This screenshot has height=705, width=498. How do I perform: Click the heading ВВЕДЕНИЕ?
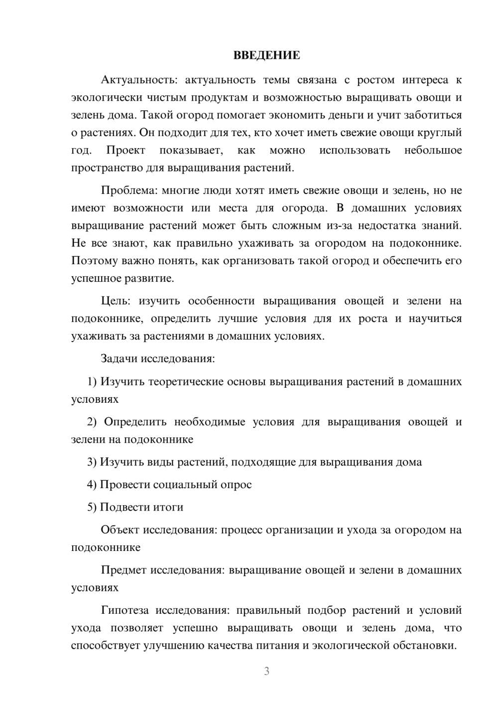click(x=266, y=55)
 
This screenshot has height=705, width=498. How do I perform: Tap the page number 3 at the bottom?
click(x=266, y=671)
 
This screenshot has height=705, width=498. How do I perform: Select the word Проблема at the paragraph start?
click(x=124, y=190)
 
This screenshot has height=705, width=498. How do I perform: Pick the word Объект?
click(x=120, y=529)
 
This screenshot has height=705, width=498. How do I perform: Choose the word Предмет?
click(x=123, y=569)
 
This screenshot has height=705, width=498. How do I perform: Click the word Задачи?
click(x=120, y=358)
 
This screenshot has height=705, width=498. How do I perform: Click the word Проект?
click(x=125, y=150)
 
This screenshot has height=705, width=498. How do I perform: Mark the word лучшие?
click(x=238, y=319)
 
